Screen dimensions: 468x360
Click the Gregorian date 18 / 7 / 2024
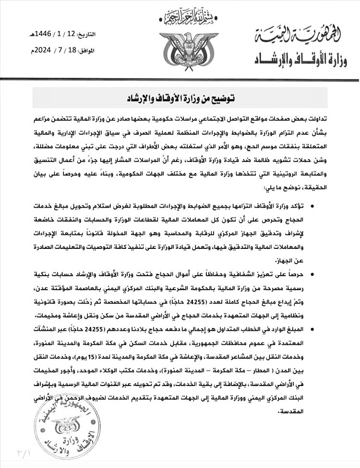[56, 49]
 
